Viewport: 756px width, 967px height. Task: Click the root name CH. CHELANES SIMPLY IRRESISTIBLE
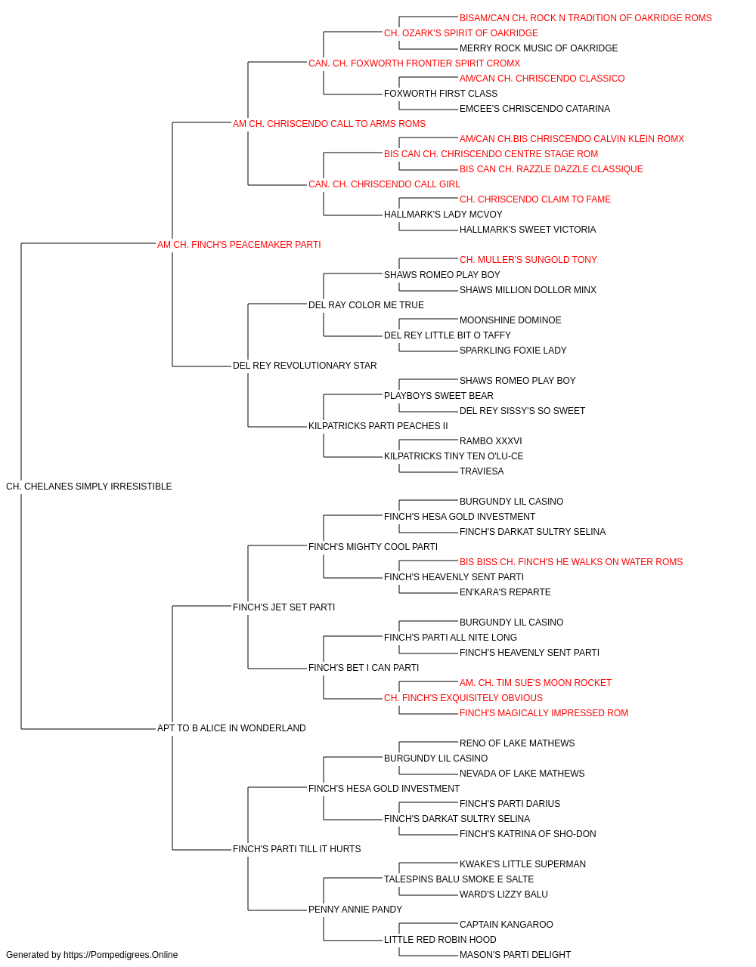pos(89,487)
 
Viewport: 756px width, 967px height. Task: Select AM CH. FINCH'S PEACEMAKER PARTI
pos(239,245)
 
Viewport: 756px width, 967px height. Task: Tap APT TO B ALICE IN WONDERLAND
pos(231,728)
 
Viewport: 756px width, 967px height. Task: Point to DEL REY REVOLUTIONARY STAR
pos(305,366)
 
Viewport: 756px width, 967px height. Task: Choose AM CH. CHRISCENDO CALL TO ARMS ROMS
pos(329,124)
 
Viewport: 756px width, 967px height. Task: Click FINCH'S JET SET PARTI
pos(283,607)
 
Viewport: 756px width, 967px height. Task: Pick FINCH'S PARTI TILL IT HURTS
pos(296,848)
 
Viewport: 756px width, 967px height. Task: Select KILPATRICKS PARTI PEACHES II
pos(378,426)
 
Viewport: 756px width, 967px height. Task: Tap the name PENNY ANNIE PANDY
pos(355,909)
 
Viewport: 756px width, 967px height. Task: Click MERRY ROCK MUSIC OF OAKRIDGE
pos(539,48)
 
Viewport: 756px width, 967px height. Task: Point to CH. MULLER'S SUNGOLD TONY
pos(528,259)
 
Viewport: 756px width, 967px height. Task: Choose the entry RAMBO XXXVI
pos(491,441)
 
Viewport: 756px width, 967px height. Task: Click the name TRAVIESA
pos(482,471)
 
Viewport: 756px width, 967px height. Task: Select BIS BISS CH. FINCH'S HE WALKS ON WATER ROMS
pos(572,561)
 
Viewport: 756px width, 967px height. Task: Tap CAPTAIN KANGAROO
pos(507,924)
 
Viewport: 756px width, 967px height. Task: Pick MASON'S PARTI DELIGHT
pos(515,955)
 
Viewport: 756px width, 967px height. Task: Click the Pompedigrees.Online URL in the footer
pos(121,955)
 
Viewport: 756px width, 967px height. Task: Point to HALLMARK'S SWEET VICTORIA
pos(528,229)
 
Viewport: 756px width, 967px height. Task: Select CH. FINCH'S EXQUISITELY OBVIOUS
pos(463,698)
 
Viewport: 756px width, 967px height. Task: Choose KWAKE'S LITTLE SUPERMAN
pos(522,864)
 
